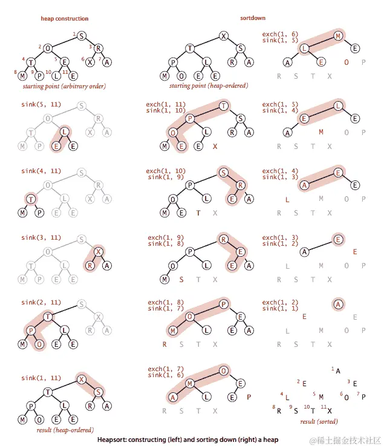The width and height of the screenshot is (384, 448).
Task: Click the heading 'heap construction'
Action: click(65, 19)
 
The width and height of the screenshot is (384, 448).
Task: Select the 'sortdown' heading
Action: click(253, 18)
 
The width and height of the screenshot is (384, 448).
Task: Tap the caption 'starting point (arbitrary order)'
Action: click(64, 86)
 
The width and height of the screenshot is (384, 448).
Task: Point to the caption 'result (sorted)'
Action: click(319, 421)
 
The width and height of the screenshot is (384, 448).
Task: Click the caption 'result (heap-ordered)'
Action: click(65, 430)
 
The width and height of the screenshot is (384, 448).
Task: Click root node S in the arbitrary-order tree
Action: click(82, 36)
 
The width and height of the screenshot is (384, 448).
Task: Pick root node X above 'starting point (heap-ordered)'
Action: click(224, 36)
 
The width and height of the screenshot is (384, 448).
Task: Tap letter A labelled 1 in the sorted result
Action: click(338, 371)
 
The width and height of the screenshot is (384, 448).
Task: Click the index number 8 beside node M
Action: click(15, 72)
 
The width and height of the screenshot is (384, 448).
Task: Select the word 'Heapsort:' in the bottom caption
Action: click(111, 440)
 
